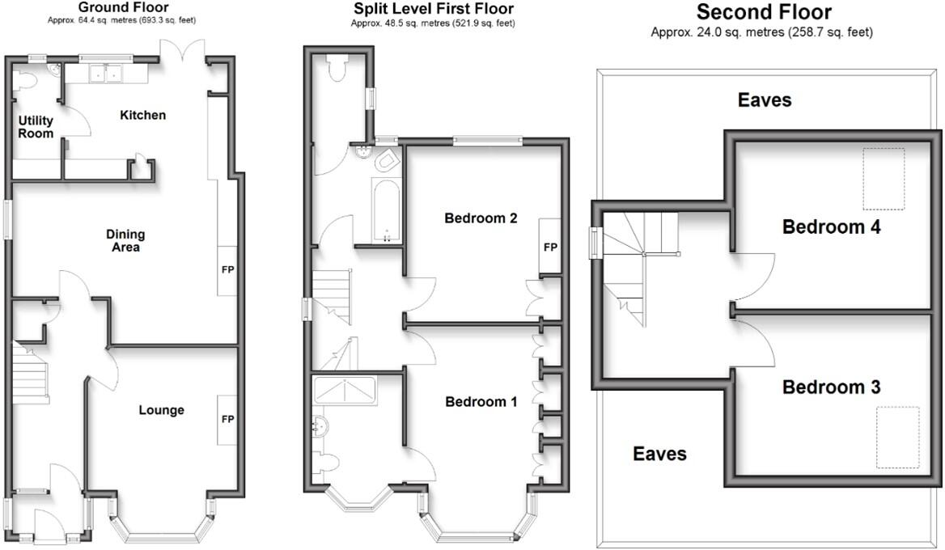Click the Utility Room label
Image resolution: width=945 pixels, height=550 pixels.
click(x=36, y=127)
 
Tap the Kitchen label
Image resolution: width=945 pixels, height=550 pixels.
click(x=142, y=115)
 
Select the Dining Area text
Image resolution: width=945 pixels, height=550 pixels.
click(x=125, y=240)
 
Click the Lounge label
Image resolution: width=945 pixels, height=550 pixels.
click(x=161, y=410)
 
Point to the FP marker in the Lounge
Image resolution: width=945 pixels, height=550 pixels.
click(x=227, y=419)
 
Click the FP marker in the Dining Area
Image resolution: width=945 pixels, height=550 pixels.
click(x=227, y=269)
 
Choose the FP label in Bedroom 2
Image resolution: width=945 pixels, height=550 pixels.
click(x=550, y=247)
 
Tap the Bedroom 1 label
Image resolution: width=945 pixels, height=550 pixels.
click(x=481, y=401)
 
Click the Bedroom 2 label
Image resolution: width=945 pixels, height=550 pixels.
click(x=481, y=218)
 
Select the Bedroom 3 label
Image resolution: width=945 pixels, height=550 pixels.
click(x=831, y=387)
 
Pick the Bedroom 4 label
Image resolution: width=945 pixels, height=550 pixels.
click(x=831, y=226)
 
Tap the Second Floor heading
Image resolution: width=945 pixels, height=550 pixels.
click(x=764, y=12)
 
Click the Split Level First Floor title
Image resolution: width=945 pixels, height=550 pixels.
click(x=434, y=9)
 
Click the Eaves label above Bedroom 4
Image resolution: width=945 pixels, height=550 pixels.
click(x=764, y=100)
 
